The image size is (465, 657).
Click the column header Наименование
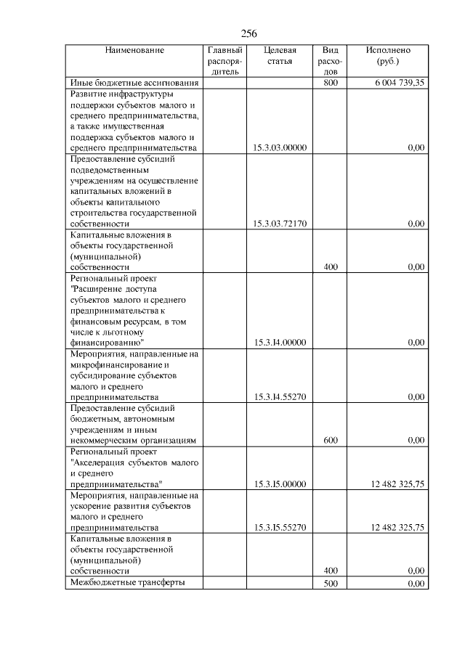(134, 50)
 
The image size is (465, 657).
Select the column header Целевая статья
(280, 56)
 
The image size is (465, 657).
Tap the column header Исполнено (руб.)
(388, 56)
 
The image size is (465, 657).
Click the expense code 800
(331, 83)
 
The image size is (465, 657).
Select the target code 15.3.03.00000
(280, 148)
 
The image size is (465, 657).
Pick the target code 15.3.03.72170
(280, 224)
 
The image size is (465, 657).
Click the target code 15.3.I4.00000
(280, 342)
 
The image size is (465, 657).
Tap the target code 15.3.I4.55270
(280, 397)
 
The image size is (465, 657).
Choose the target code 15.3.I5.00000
(280, 484)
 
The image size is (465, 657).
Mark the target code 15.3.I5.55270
(280, 528)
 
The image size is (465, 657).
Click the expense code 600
(331, 441)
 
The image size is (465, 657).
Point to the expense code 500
(331, 583)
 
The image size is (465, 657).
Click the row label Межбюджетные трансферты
(127, 582)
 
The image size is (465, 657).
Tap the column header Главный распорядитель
(225, 62)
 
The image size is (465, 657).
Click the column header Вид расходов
(331, 62)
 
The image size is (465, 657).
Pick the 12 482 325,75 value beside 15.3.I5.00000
(397, 484)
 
